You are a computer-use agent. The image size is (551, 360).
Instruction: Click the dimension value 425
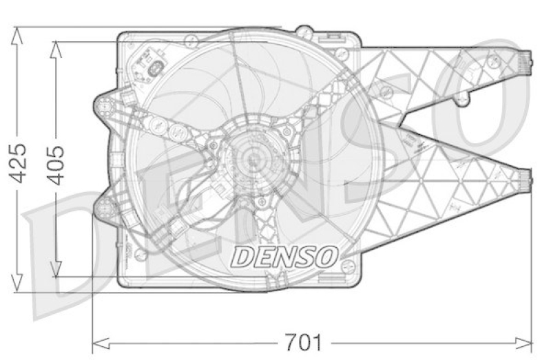click(19, 163)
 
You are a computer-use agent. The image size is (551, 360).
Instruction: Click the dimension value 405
click(56, 165)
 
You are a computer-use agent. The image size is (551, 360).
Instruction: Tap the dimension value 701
click(303, 342)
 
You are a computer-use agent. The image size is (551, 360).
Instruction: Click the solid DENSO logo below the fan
click(284, 256)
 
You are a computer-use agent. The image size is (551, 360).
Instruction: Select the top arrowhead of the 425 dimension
click(17, 36)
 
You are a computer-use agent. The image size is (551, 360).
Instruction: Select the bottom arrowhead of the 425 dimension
click(17, 283)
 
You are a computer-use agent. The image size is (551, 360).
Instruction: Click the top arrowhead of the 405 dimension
click(56, 50)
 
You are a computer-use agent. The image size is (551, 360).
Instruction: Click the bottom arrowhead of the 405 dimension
click(56, 268)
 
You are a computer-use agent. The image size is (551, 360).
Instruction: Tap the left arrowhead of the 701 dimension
click(101, 343)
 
